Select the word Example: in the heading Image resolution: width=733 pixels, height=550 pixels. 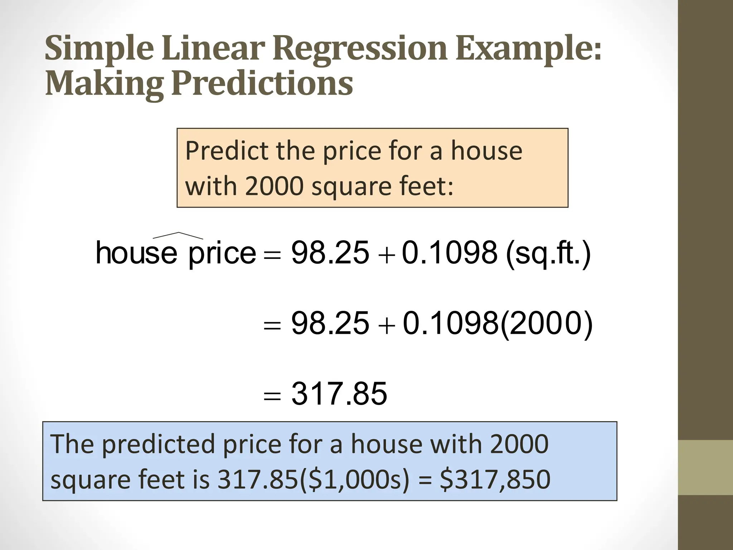[x=529, y=49]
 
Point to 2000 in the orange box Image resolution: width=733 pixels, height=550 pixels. [x=274, y=187]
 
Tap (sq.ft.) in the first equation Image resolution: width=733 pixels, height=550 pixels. [x=548, y=253]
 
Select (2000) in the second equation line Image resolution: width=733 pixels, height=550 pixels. [x=546, y=323]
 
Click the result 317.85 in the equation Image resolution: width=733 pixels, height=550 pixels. [x=339, y=394]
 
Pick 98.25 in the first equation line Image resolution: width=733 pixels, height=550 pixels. [x=330, y=253]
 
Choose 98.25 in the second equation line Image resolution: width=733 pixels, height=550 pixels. [x=330, y=323]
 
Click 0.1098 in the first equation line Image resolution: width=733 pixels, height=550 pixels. [x=450, y=253]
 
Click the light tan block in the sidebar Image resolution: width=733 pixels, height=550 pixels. [x=705, y=467]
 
